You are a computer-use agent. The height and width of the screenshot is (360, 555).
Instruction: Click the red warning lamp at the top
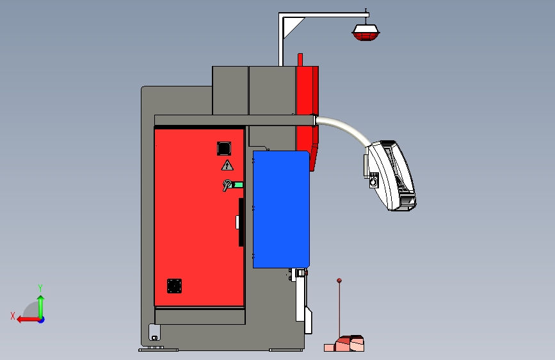click(x=367, y=33)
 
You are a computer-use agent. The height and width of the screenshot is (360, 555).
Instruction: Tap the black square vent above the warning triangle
click(x=223, y=149)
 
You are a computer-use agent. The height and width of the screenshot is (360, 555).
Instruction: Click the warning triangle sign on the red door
click(x=227, y=166)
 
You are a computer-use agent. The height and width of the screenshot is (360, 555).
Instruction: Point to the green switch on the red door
click(x=237, y=186)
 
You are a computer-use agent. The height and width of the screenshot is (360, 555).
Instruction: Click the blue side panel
click(x=282, y=209)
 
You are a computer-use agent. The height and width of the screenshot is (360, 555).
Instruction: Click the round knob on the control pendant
click(x=374, y=182)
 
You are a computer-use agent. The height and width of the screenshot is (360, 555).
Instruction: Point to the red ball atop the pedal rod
click(x=339, y=280)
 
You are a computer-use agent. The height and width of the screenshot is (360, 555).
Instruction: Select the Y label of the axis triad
click(x=40, y=288)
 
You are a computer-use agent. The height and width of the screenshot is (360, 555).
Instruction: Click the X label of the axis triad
click(x=13, y=315)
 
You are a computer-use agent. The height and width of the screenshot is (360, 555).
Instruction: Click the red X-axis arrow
click(x=26, y=318)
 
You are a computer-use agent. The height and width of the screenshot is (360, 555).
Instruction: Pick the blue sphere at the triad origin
click(x=40, y=318)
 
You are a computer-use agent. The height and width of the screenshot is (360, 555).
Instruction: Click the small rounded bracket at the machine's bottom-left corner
click(x=154, y=332)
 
